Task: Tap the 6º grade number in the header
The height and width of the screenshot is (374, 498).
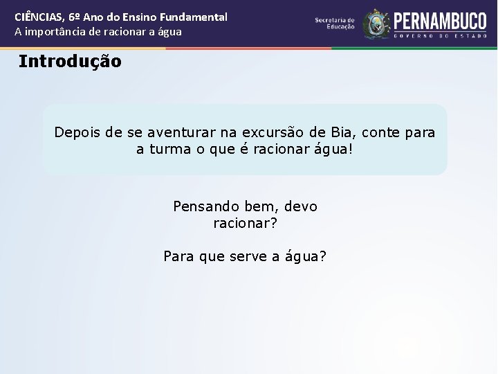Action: coord(77,17)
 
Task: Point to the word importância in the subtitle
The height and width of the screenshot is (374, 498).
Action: coord(55,31)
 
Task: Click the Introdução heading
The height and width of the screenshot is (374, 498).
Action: coord(70,61)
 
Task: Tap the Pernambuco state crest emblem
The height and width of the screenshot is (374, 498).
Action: coord(376,24)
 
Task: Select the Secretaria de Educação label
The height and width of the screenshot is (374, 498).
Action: coord(335,24)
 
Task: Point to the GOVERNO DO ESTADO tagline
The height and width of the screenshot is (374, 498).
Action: coord(440,33)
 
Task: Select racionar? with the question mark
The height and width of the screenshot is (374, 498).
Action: coord(246,224)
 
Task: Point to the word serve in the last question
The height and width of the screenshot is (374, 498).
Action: coord(243,256)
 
